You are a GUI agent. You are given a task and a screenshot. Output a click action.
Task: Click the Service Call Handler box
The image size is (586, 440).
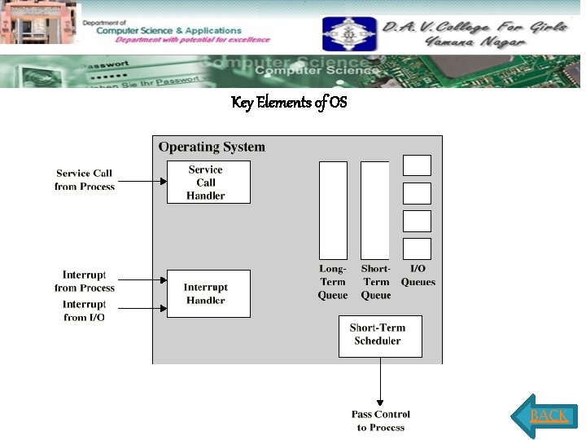208,182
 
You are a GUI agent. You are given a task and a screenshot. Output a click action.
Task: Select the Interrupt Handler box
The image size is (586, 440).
208,293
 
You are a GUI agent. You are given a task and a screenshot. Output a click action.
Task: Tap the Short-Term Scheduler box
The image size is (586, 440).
380,336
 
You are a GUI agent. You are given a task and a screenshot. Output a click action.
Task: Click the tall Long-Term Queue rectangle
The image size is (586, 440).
333,210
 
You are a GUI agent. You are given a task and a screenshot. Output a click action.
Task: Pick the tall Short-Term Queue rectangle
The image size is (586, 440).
375,210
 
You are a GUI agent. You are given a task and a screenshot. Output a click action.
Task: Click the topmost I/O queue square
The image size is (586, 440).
417,165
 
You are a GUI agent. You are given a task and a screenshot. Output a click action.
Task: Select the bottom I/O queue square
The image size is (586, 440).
417,249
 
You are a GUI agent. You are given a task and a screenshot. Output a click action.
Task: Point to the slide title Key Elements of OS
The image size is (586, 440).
290,103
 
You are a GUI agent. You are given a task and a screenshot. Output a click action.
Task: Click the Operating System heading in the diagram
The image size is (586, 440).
212,147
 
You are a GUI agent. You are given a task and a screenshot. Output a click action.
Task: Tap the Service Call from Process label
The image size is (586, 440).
85,180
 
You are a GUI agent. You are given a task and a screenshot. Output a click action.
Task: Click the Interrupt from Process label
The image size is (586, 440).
85,281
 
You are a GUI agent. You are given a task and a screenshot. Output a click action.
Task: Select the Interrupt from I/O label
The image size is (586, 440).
85,310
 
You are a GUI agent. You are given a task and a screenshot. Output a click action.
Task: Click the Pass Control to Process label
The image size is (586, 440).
380,420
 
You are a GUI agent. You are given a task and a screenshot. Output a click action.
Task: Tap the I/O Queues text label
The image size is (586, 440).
418,275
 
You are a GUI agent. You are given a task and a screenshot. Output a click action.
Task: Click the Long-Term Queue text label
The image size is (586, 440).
333,282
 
